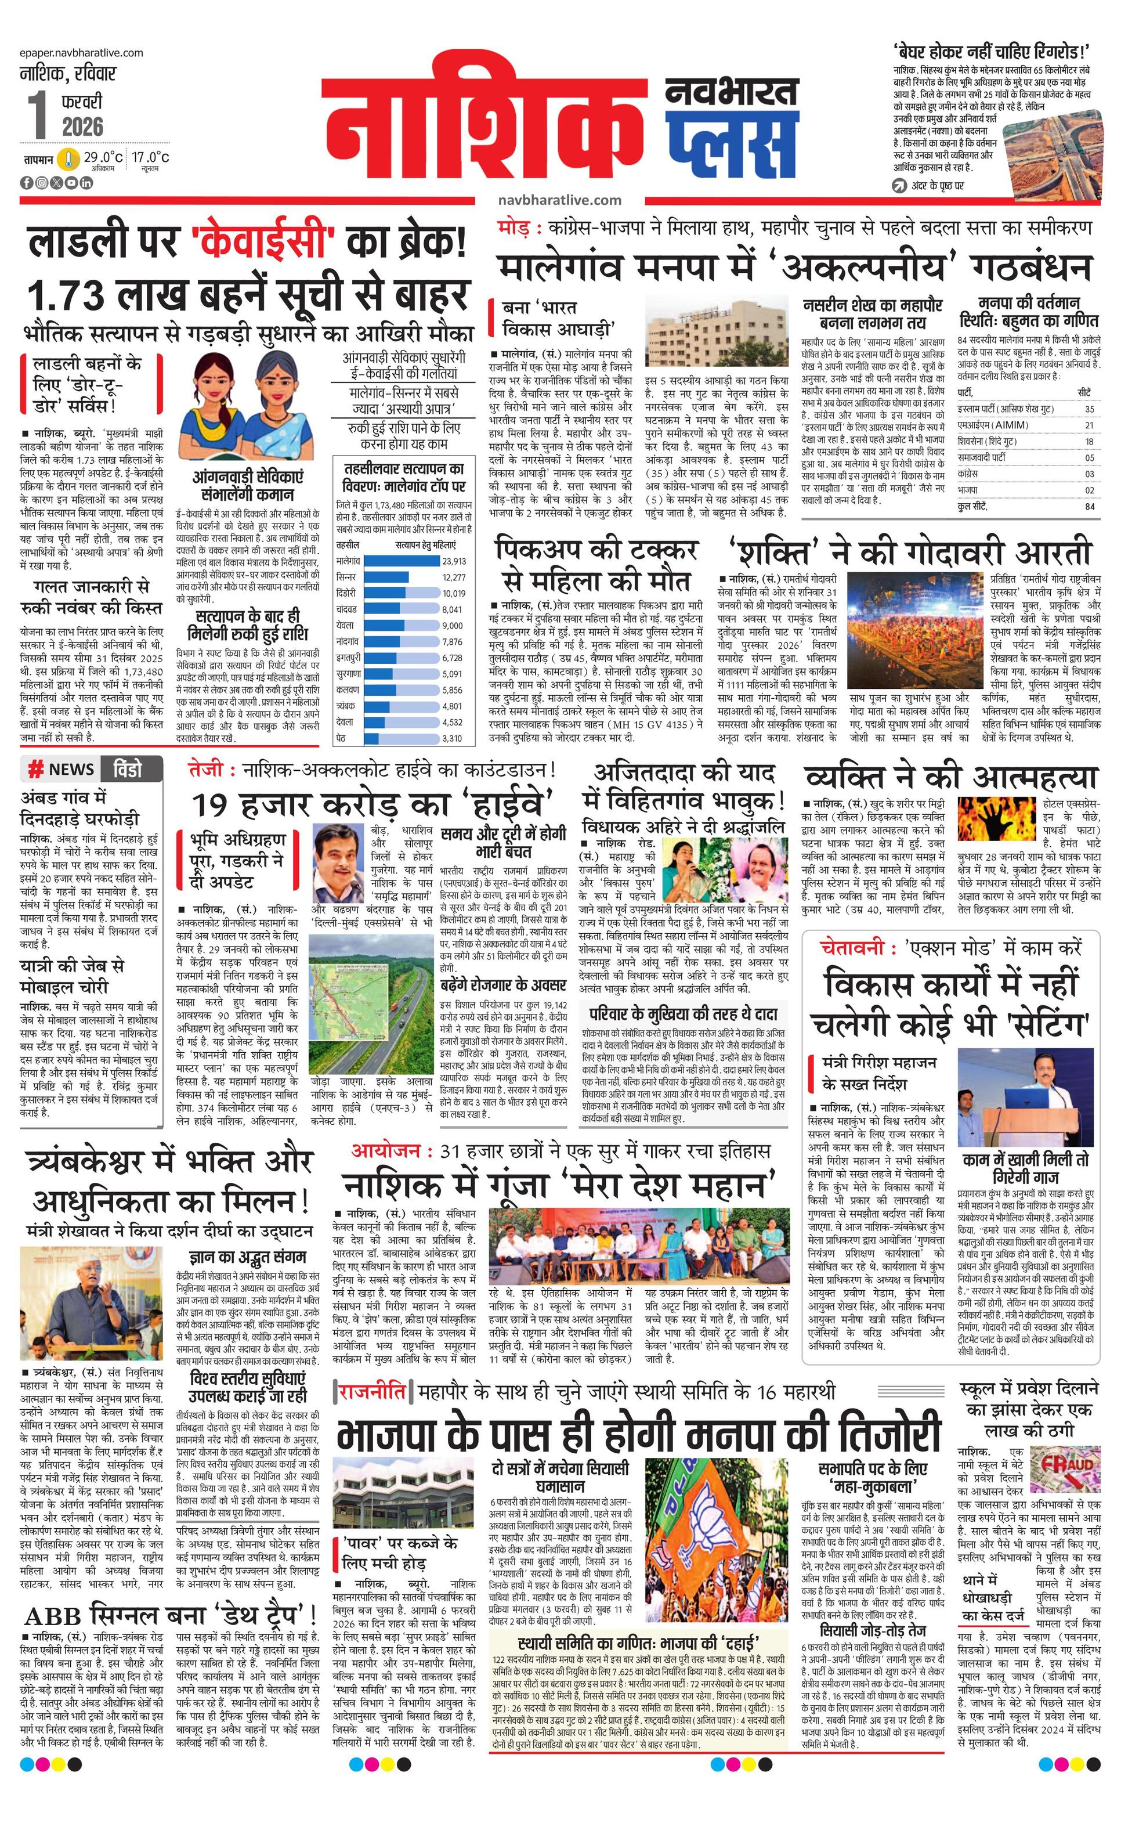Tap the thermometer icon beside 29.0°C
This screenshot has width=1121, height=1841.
tap(70, 158)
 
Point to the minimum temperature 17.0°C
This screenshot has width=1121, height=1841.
tap(150, 158)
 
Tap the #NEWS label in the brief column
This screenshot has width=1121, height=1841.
tap(62, 770)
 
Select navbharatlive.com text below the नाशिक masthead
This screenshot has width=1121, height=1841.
tap(559, 200)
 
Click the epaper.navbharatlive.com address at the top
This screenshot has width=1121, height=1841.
tap(81, 53)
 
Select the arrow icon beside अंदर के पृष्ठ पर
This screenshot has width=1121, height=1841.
tap(900, 185)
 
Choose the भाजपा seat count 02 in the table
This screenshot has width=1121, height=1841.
tap(1090, 490)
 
